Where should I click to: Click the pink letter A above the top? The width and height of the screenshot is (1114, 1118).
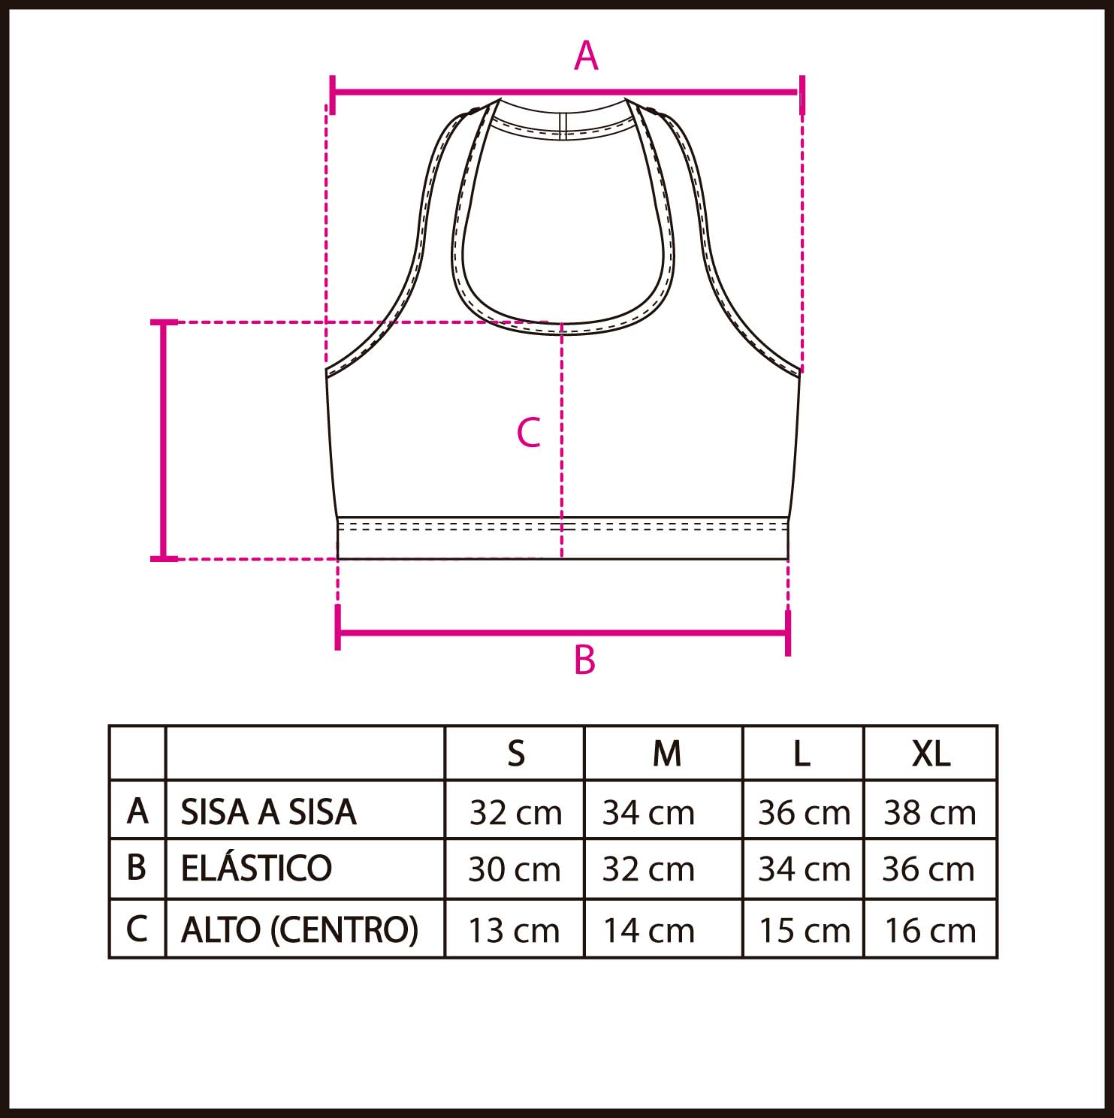[x=586, y=56]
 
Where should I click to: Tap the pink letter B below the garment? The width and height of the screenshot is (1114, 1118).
[x=584, y=660]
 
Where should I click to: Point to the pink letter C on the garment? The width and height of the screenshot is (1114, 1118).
[x=529, y=433]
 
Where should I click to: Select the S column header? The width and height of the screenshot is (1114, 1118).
[x=516, y=753]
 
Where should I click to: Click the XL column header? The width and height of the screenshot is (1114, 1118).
[x=931, y=753]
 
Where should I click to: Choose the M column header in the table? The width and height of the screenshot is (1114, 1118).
[x=667, y=753]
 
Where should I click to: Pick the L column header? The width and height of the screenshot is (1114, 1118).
[x=802, y=753]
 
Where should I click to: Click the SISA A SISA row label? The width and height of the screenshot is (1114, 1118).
[x=269, y=811]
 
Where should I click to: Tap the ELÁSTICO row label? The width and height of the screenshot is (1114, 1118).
[x=256, y=868]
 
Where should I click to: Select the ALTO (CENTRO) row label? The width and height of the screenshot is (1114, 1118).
[x=300, y=929]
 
